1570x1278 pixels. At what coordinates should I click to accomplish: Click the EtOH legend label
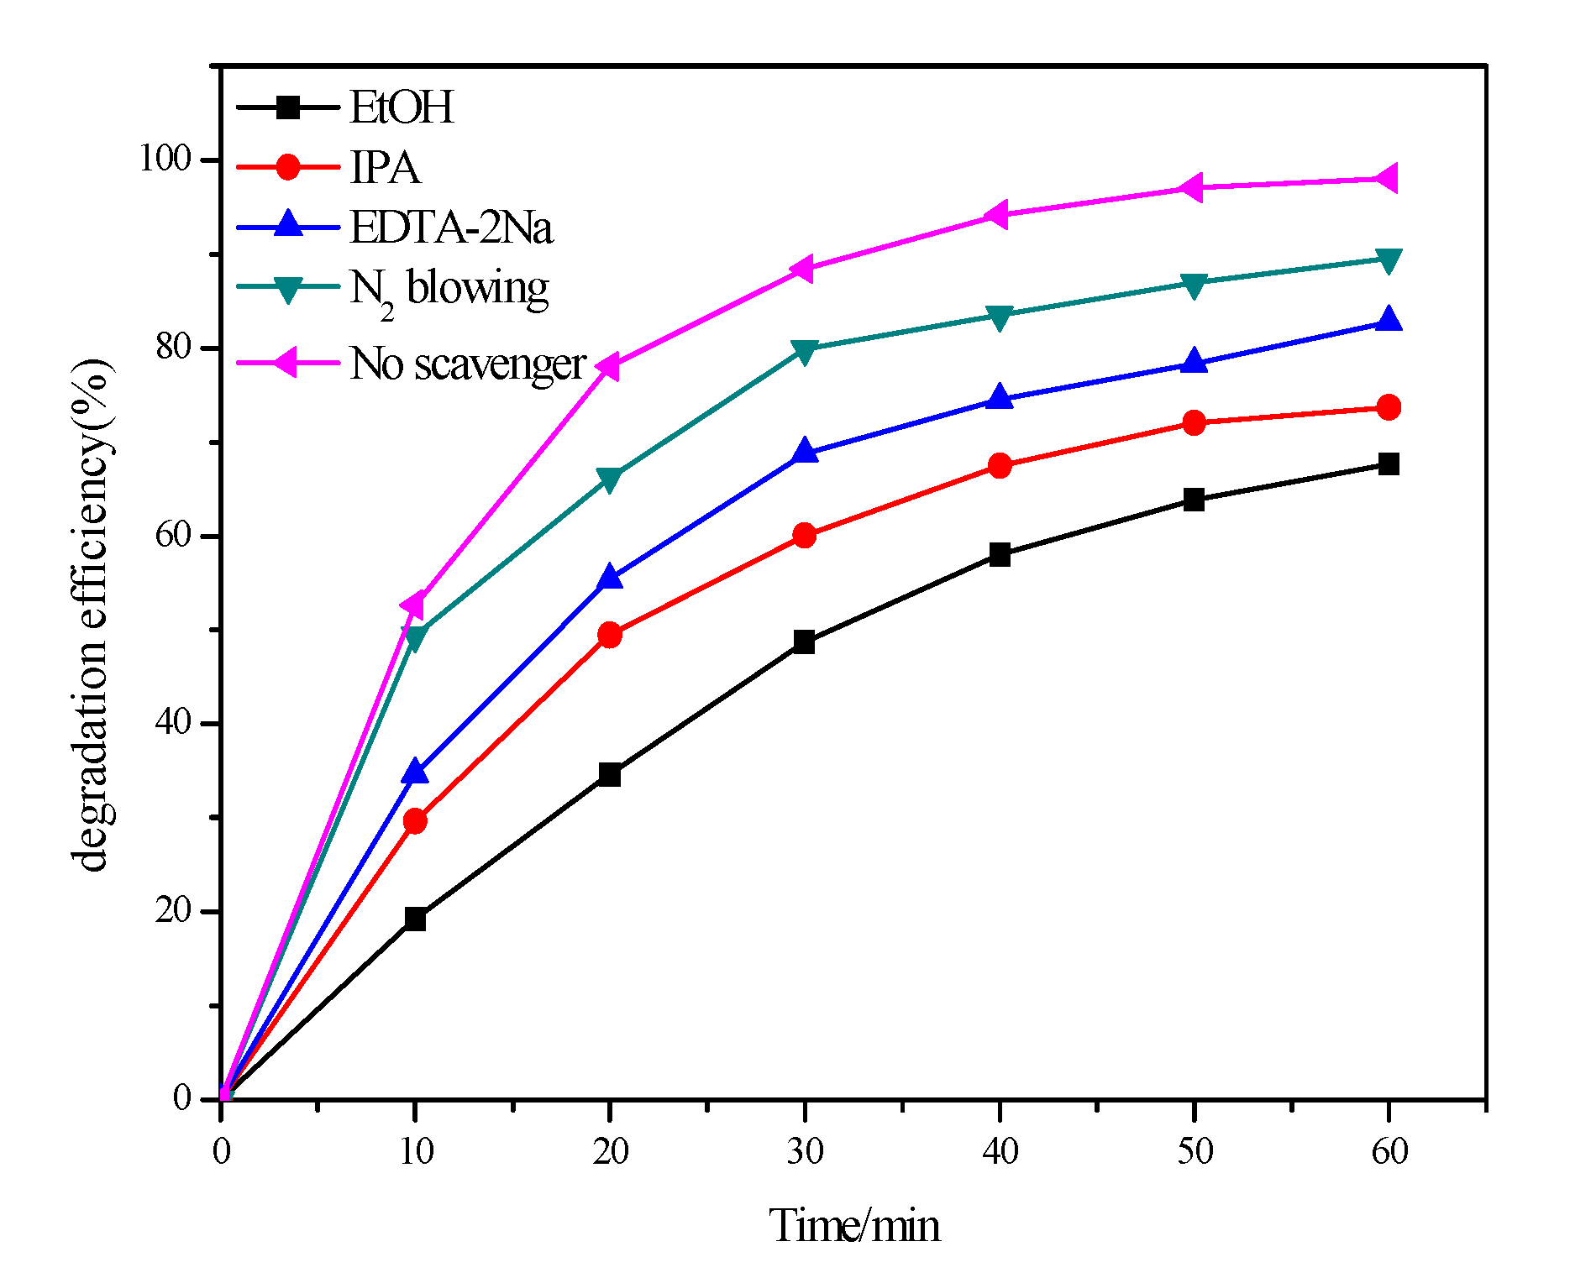[401, 107]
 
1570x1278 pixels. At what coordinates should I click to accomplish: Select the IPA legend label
[384, 167]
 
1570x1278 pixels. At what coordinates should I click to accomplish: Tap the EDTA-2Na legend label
[451, 228]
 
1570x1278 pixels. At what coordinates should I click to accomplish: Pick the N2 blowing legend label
[449, 290]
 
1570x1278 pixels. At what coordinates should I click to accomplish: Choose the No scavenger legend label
[467, 364]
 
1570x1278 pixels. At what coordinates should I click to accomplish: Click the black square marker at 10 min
[415, 919]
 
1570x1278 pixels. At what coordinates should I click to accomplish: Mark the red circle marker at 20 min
[610, 635]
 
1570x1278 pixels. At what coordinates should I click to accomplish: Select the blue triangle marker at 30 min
[805, 451]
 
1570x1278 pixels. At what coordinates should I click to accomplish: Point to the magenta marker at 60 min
[1387, 179]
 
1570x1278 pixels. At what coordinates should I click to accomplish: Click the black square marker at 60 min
[1389, 464]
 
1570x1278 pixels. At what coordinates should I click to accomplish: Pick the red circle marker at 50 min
[1194, 422]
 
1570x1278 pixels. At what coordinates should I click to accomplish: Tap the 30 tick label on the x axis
[805, 1151]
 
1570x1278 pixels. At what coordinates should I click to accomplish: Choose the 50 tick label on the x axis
[1194, 1151]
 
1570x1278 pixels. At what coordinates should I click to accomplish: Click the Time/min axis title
[854, 1226]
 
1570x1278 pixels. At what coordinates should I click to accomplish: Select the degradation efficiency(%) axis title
[91, 615]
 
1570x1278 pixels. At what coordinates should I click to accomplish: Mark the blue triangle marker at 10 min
[415, 771]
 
